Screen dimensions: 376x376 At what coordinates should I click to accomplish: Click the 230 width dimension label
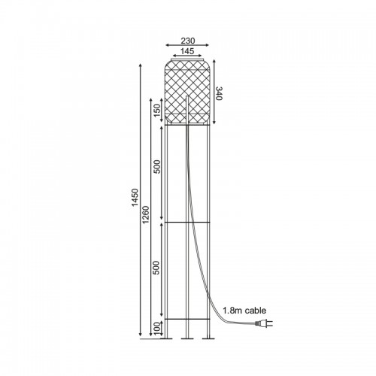(188, 41)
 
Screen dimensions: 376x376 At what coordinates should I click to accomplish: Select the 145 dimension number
(187, 51)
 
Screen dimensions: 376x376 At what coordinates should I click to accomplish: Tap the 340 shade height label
(219, 93)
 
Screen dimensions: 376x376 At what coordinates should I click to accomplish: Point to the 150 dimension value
(156, 111)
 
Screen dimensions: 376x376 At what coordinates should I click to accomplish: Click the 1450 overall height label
(135, 197)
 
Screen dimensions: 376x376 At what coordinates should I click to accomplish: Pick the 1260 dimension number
(146, 214)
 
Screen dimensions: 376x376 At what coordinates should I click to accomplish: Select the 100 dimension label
(156, 329)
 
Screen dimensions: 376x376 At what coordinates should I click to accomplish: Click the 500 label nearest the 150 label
(156, 167)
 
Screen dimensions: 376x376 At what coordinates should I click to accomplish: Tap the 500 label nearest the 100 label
(156, 268)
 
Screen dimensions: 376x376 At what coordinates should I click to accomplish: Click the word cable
(256, 311)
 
